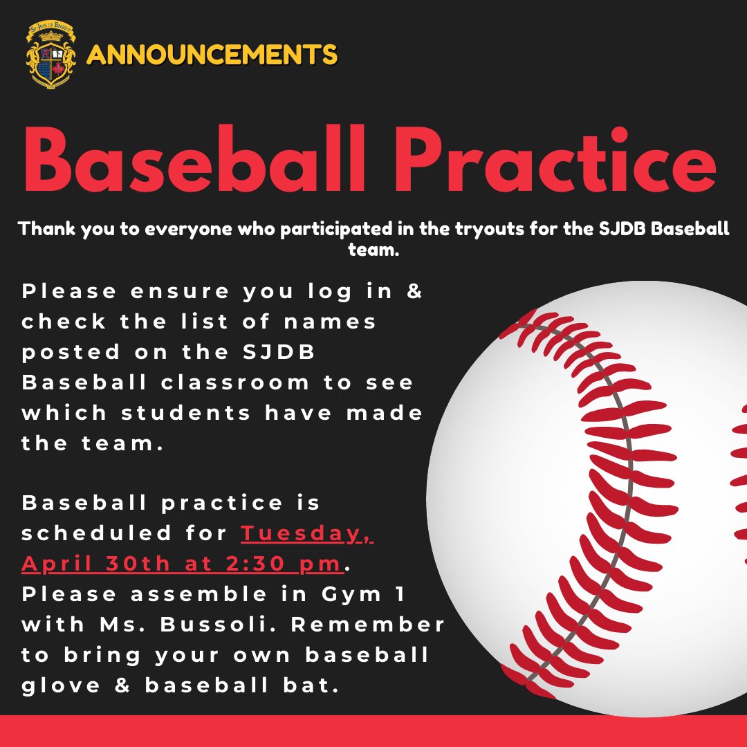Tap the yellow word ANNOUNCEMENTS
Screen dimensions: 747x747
point(212,54)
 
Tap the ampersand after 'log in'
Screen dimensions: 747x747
point(414,291)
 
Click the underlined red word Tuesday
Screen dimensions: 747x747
point(307,533)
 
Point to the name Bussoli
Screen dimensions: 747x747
point(226,625)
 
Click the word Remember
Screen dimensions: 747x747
point(373,625)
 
